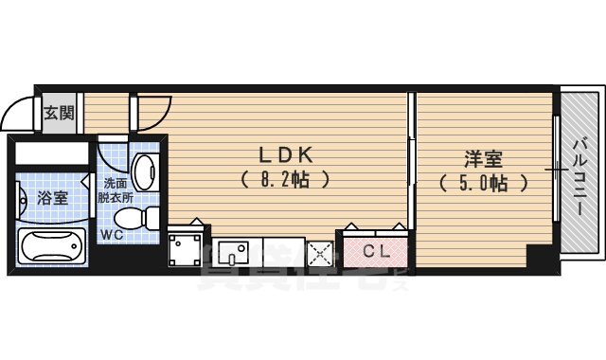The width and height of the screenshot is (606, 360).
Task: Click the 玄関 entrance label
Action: pos(57,115)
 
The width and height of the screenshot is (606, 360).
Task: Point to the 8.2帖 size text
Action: pos(285,177)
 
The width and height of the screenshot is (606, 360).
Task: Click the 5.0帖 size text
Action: pos(483,183)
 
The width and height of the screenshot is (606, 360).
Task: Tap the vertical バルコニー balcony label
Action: pos(579,175)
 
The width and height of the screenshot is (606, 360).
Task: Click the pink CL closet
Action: pos(375,251)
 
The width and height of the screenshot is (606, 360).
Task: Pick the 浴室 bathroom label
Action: pos(52,198)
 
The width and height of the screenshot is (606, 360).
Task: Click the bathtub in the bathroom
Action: pos(53,246)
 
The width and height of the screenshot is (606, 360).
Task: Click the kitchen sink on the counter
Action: pos(232,252)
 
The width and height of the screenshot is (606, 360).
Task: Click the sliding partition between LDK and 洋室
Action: pos(412,161)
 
